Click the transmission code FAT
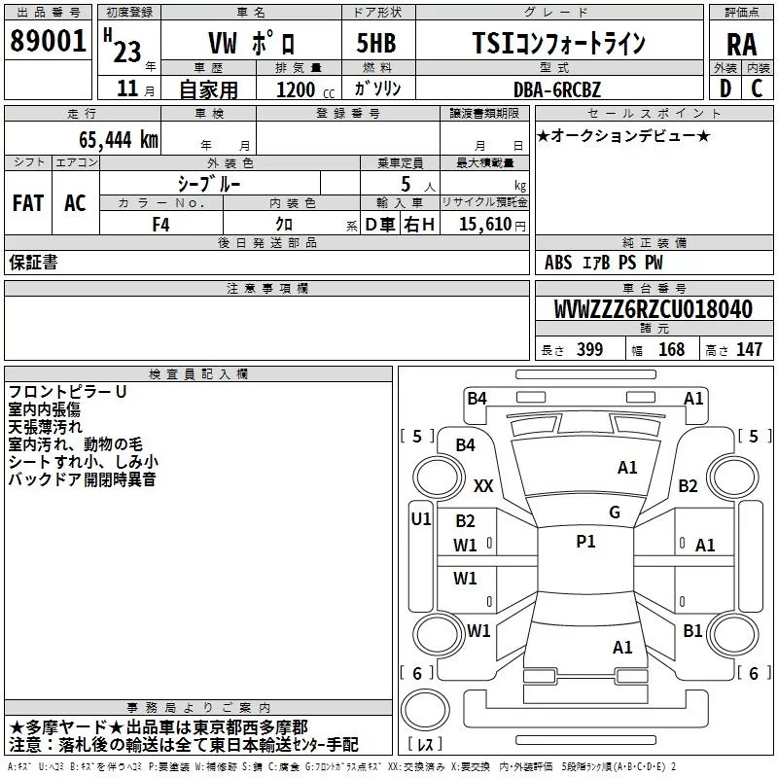(28, 203)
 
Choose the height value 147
(749, 350)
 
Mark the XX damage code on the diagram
(483, 485)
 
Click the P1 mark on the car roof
(585, 542)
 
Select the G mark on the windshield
(614, 512)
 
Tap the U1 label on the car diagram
(420, 519)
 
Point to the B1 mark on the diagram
(692, 631)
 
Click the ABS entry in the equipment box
(558, 263)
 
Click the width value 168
(671, 350)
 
